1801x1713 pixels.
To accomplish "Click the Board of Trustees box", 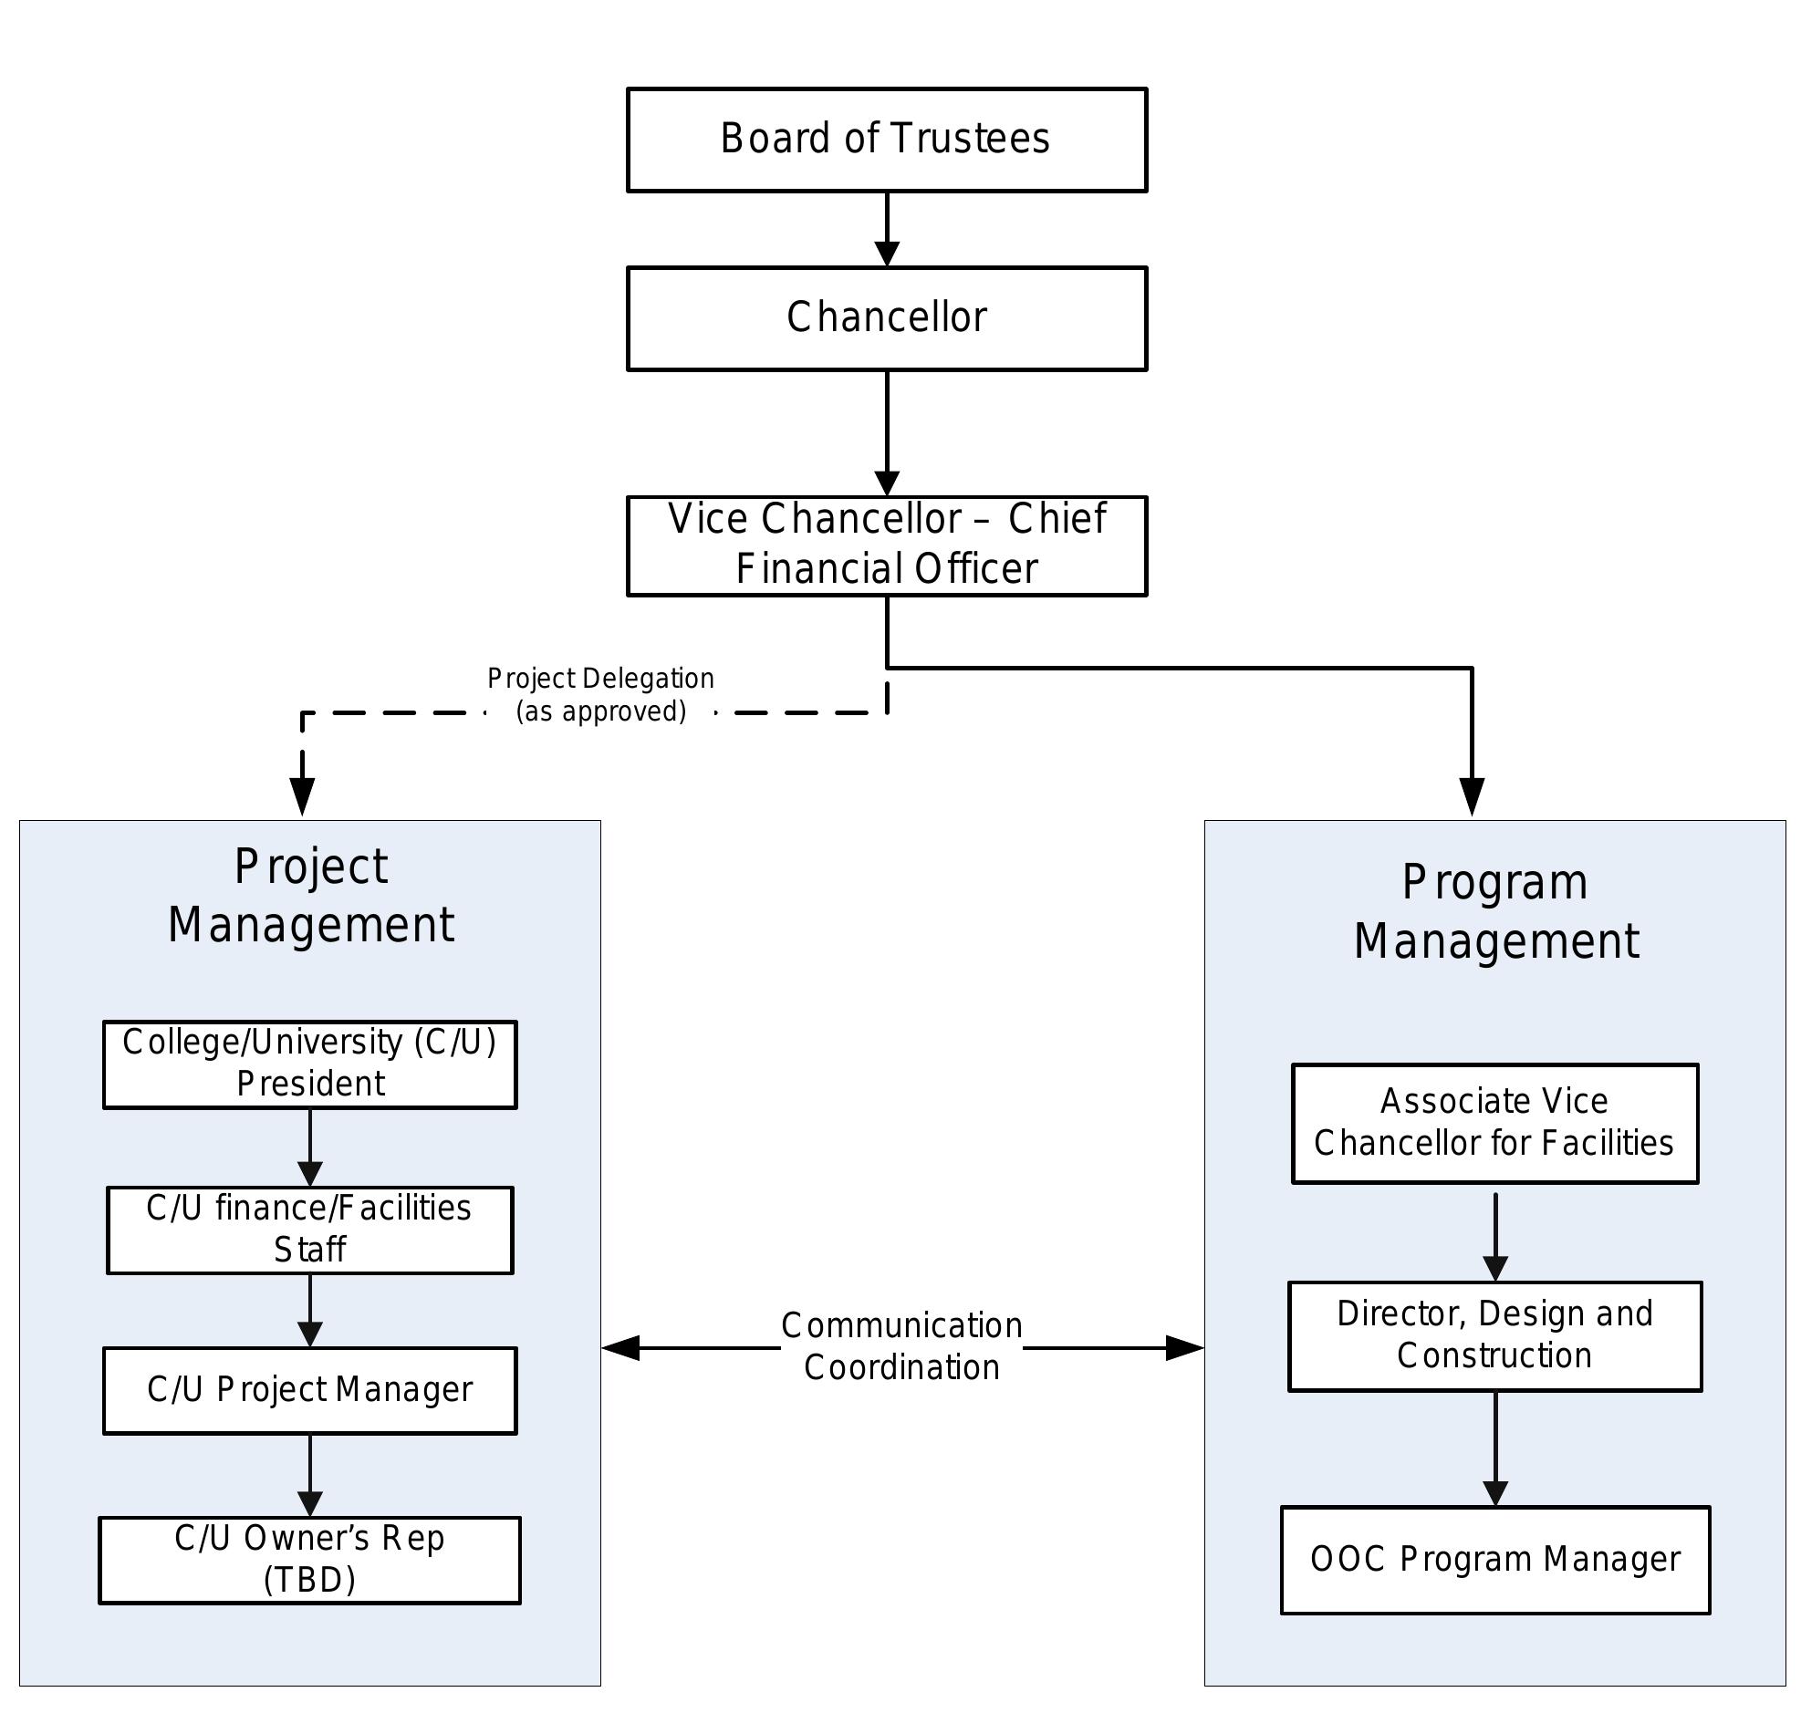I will [x=886, y=140].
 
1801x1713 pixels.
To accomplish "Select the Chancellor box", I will [x=886, y=318].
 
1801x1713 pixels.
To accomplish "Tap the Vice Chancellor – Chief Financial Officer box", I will [x=886, y=545].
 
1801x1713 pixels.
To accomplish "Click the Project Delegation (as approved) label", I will [x=600, y=695].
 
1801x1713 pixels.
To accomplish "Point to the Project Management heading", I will [x=310, y=895].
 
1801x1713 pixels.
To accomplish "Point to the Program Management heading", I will [x=1495, y=911].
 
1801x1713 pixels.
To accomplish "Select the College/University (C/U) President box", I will [x=309, y=1064].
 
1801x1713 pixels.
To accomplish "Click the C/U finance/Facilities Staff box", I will [x=309, y=1229].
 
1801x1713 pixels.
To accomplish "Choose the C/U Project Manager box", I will [x=309, y=1390].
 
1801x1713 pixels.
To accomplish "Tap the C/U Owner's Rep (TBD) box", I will [x=309, y=1560].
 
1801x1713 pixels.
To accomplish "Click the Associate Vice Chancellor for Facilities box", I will [x=1494, y=1122].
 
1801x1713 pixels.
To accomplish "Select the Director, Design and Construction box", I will [x=1494, y=1335].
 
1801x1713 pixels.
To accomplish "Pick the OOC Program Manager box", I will [x=1494, y=1560].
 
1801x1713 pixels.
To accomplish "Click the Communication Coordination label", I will [x=901, y=1347].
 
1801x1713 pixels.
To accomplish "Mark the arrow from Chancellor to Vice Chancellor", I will [x=887, y=434].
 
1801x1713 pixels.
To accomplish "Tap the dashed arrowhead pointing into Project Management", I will [x=302, y=794].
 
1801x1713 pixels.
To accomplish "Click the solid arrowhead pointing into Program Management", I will [x=1472, y=794].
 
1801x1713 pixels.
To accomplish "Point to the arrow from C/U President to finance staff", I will [x=310, y=1148].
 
